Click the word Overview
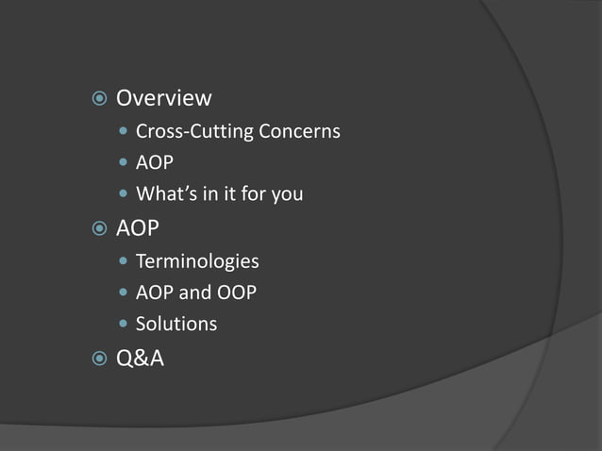pos(163,98)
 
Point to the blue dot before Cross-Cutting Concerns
pos(124,131)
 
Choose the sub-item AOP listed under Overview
pos(155,163)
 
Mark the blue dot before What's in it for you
pos(124,195)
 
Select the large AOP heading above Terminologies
pos(137,228)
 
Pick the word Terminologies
pos(197,260)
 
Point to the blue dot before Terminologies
pos(124,261)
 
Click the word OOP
pos(236,292)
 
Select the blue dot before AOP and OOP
pos(124,293)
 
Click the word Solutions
pos(176,324)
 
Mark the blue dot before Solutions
pos(124,325)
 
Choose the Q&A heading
pos(140,358)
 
